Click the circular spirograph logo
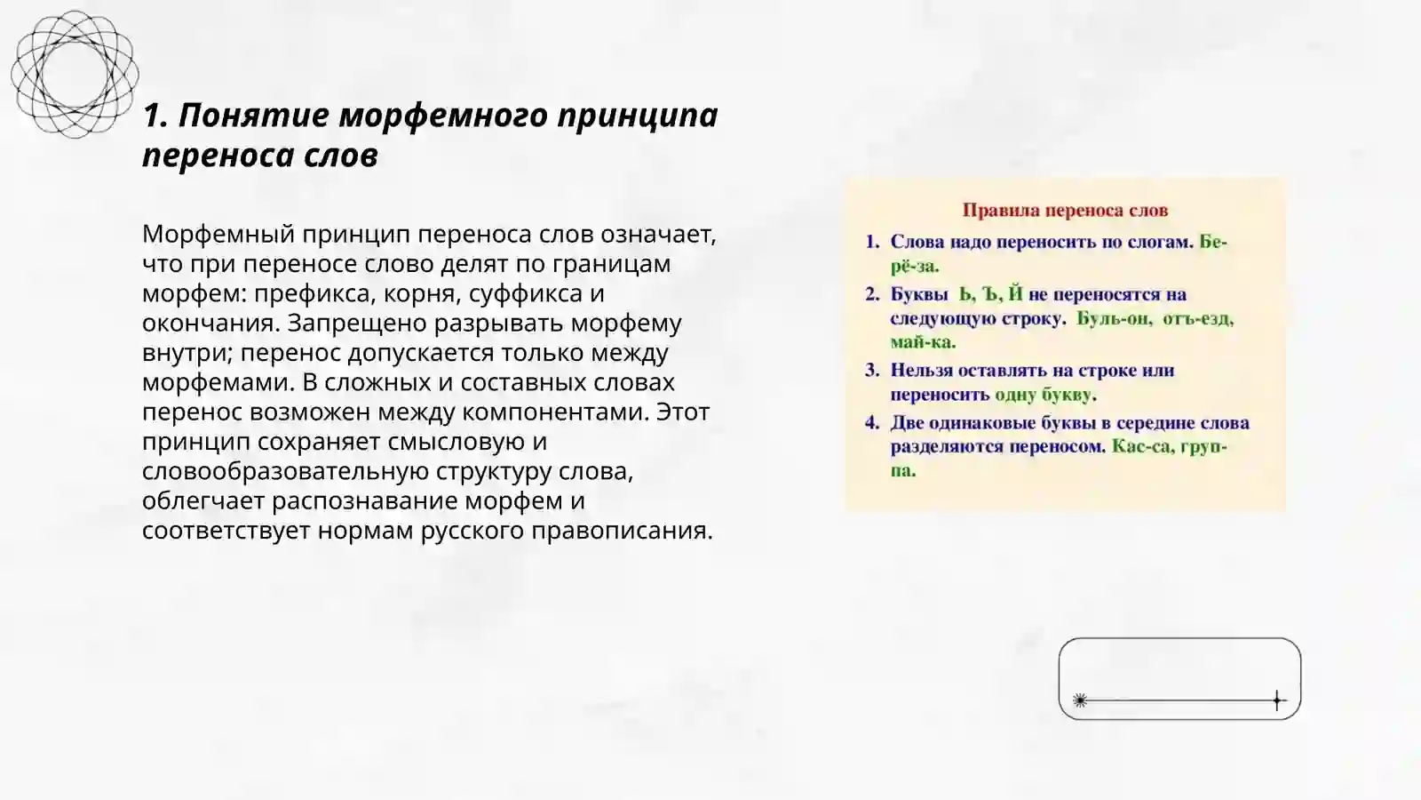(75, 74)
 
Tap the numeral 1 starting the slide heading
(152, 116)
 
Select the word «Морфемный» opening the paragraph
(218, 234)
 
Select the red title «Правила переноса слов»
(1065, 211)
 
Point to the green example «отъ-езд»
(1198, 318)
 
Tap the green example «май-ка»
(923, 342)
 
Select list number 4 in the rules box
(872, 423)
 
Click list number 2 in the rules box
(872, 294)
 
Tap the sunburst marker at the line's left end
(1080, 700)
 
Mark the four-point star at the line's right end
(1277, 700)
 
